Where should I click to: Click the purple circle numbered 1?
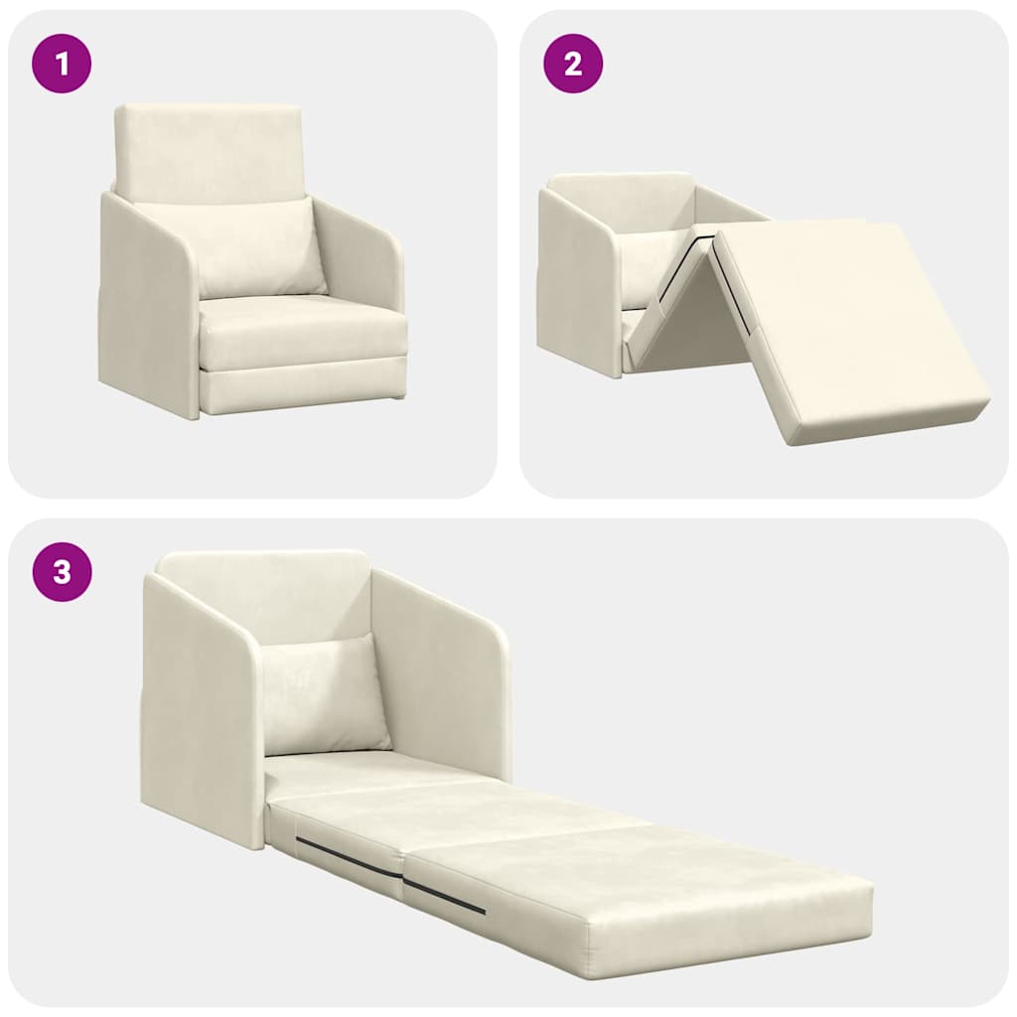[x=63, y=64]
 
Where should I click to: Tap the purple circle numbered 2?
[x=573, y=64]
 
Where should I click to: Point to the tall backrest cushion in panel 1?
[x=208, y=149]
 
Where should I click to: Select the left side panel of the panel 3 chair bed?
[x=199, y=705]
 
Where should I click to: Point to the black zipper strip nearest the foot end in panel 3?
[x=444, y=896]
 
